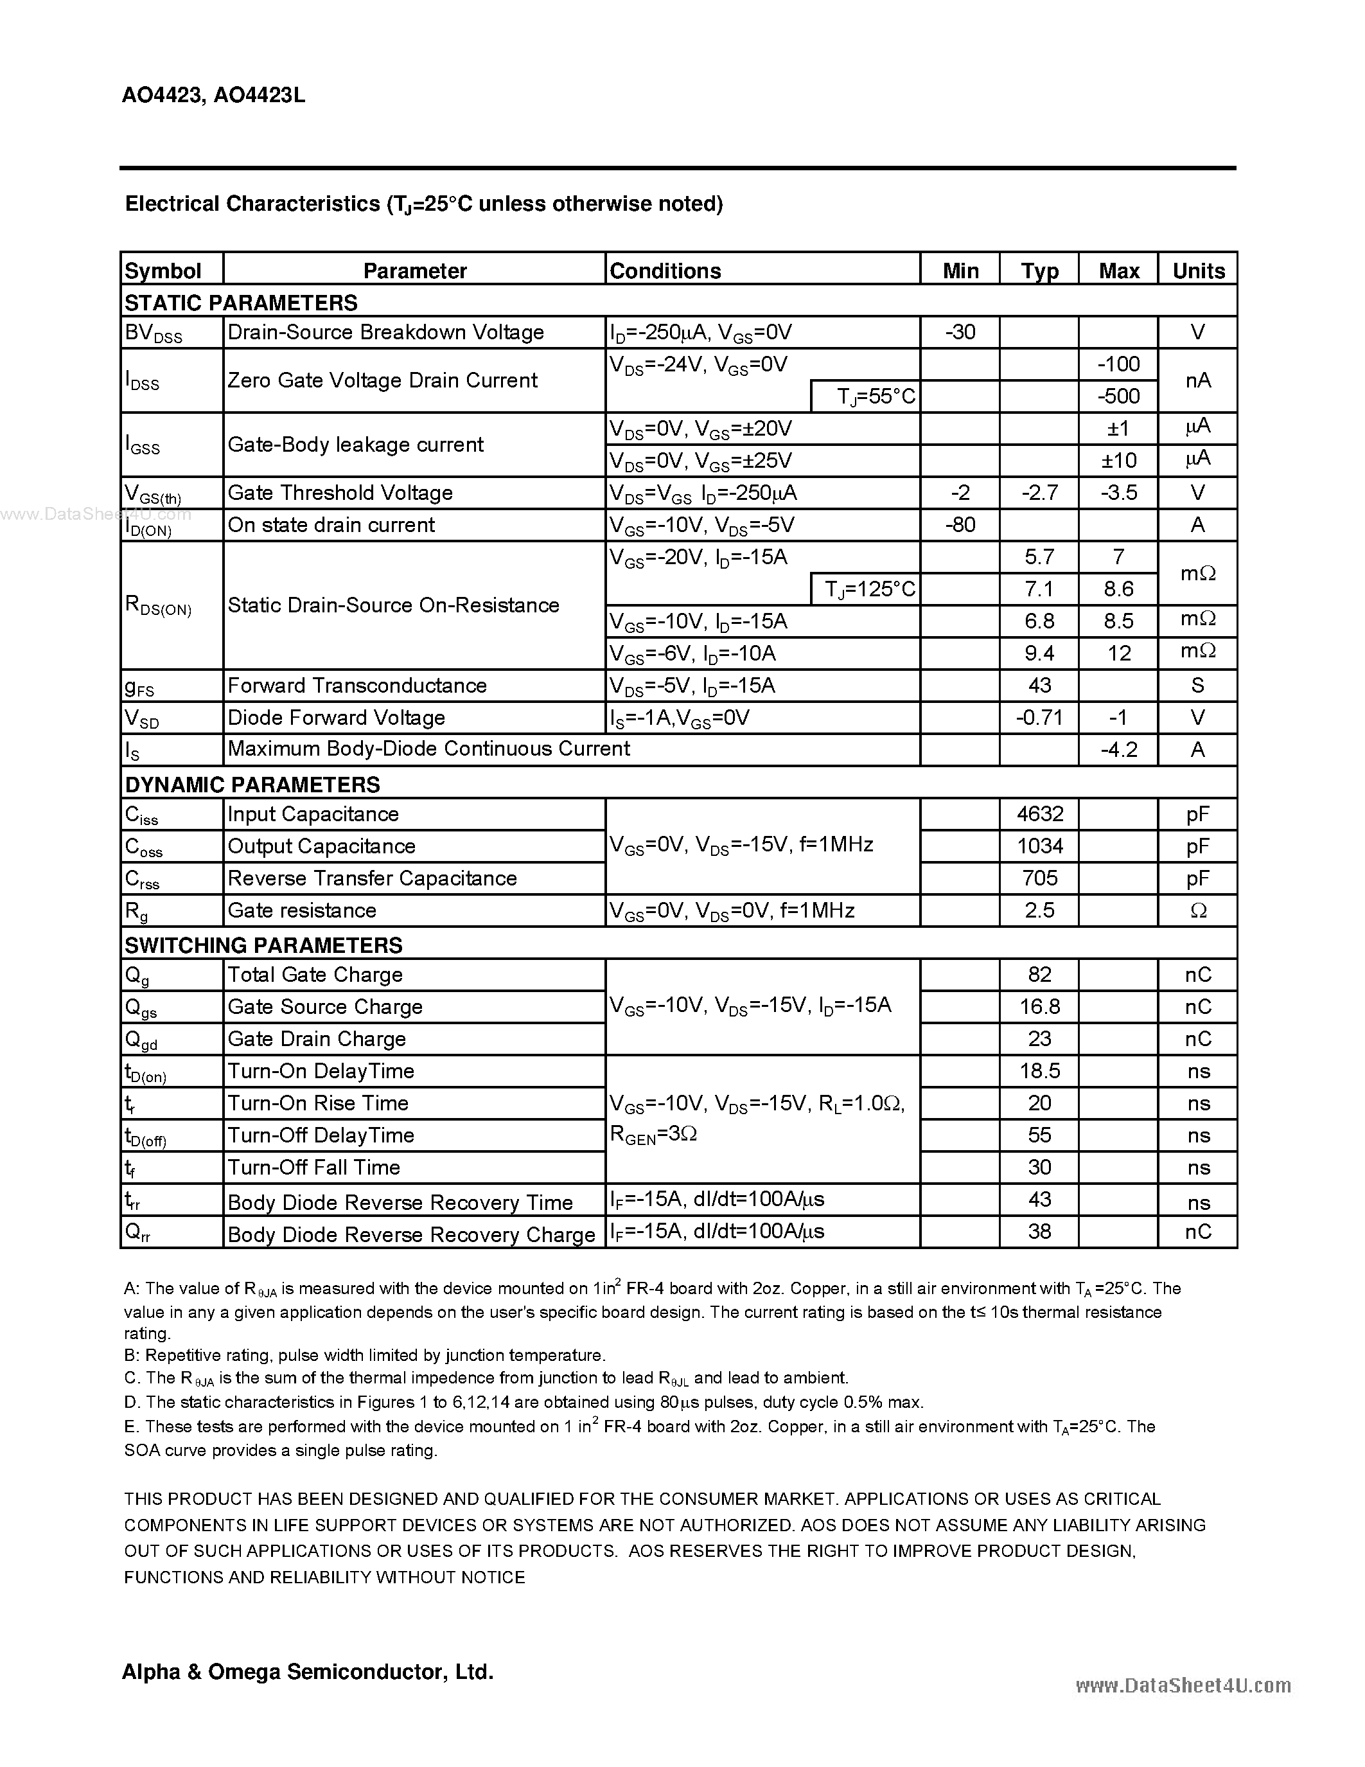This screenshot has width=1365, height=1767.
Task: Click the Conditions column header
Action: [x=665, y=271]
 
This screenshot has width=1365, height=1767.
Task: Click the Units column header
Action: [x=1197, y=271]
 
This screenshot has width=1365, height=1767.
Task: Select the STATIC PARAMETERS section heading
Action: [x=241, y=303]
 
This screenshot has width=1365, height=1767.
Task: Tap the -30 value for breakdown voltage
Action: [x=960, y=332]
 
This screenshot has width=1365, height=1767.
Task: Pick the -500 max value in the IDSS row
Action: [x=1118, y=396]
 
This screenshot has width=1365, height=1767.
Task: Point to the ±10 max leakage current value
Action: [x=1118, y=460]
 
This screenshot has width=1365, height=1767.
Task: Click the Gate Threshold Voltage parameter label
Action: [x=340, y=493]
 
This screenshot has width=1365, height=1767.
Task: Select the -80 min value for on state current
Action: [x=960, y=525]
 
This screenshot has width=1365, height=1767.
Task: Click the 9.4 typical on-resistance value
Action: [x=1039, y=653]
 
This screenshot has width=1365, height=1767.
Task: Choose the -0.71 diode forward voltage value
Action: [x=1039, y=718]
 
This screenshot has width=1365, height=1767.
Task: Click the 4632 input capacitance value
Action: [x=1039, y=814]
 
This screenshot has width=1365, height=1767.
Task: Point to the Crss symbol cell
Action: [x=143, y=878]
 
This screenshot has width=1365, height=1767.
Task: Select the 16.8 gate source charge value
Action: [x=1039, y=1006]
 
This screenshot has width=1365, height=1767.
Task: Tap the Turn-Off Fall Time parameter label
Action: [x=313, y=1168]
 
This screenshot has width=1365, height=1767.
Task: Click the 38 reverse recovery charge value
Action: [x=1039, y=1231]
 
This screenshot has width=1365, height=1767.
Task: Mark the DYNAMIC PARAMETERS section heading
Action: [x=252, y=785]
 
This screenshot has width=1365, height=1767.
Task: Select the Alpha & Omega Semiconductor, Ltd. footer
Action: [x=307, y=1671]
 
